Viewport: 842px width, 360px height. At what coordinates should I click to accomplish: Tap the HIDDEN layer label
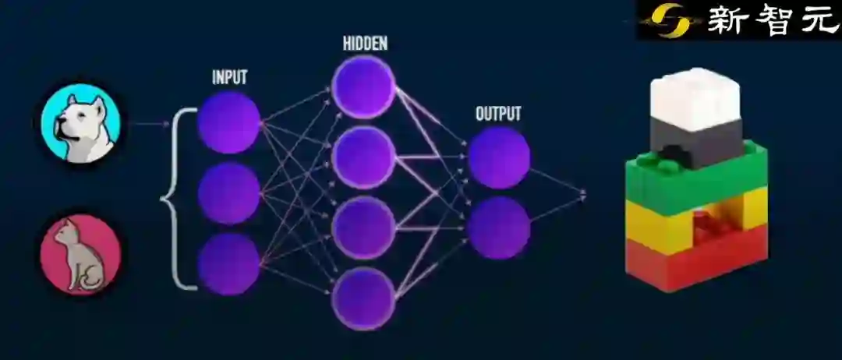364,44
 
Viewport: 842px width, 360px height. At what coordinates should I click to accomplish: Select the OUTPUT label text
498,114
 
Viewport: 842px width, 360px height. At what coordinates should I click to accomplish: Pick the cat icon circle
80,255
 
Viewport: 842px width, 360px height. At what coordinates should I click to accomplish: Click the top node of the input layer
228,122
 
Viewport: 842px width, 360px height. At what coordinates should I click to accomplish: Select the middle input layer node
228,193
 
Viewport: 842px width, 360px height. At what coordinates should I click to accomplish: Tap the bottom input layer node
228,263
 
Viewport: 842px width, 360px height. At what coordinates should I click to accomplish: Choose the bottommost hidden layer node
364,297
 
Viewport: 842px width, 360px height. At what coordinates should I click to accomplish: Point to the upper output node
499,157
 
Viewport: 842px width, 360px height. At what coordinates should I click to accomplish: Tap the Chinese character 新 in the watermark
726,19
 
